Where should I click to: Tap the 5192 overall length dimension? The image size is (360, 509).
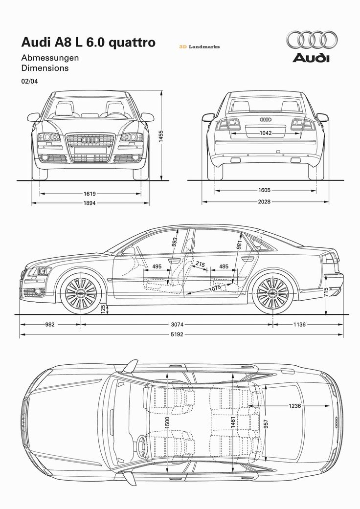(x=177, y=335)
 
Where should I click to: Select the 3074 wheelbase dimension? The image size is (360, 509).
(x=177, y=324)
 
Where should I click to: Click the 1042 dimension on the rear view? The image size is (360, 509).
(x=266, y=133)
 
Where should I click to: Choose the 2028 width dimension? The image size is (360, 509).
(x=265, y=201)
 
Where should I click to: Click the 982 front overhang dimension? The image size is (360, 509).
(x=49, y=324)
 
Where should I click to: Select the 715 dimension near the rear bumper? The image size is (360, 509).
(x=326, y=292)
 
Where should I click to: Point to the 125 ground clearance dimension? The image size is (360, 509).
(x=103, y=309)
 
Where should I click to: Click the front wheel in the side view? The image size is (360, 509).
(x=81, y=292)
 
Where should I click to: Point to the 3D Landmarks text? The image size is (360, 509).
(x=199, y=47)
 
